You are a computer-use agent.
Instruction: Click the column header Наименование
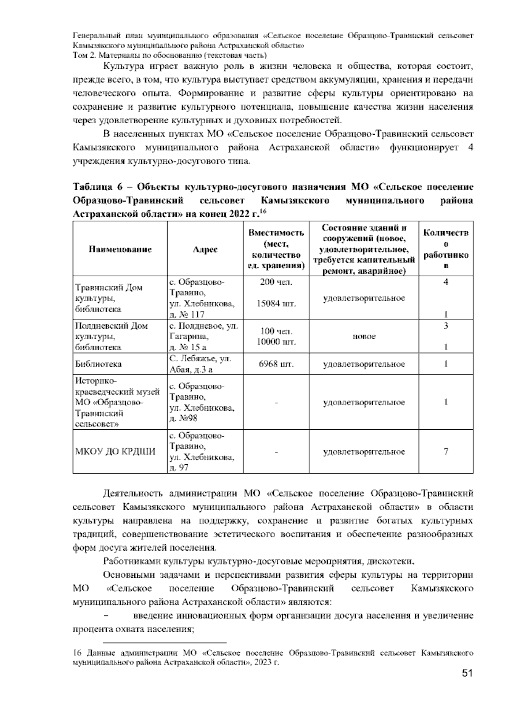[120, 250]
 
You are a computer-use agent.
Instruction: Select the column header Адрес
[205, 250]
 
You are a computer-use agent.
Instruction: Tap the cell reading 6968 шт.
[276, 364]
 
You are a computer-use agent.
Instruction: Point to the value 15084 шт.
[276, 304]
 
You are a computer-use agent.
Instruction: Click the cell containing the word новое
[364, 337]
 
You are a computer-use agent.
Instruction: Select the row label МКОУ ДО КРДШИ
[115, 451]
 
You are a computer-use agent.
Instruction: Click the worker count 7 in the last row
[445, 451]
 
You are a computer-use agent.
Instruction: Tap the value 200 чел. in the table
[276, 282]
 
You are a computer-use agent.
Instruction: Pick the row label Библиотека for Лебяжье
[98, 364]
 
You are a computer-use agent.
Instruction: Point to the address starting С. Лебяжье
[200, 359]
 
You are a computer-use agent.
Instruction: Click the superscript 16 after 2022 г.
[263, 211]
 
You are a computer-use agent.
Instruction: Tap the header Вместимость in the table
[276, 233]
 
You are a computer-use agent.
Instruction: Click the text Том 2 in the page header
[85, 55]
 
